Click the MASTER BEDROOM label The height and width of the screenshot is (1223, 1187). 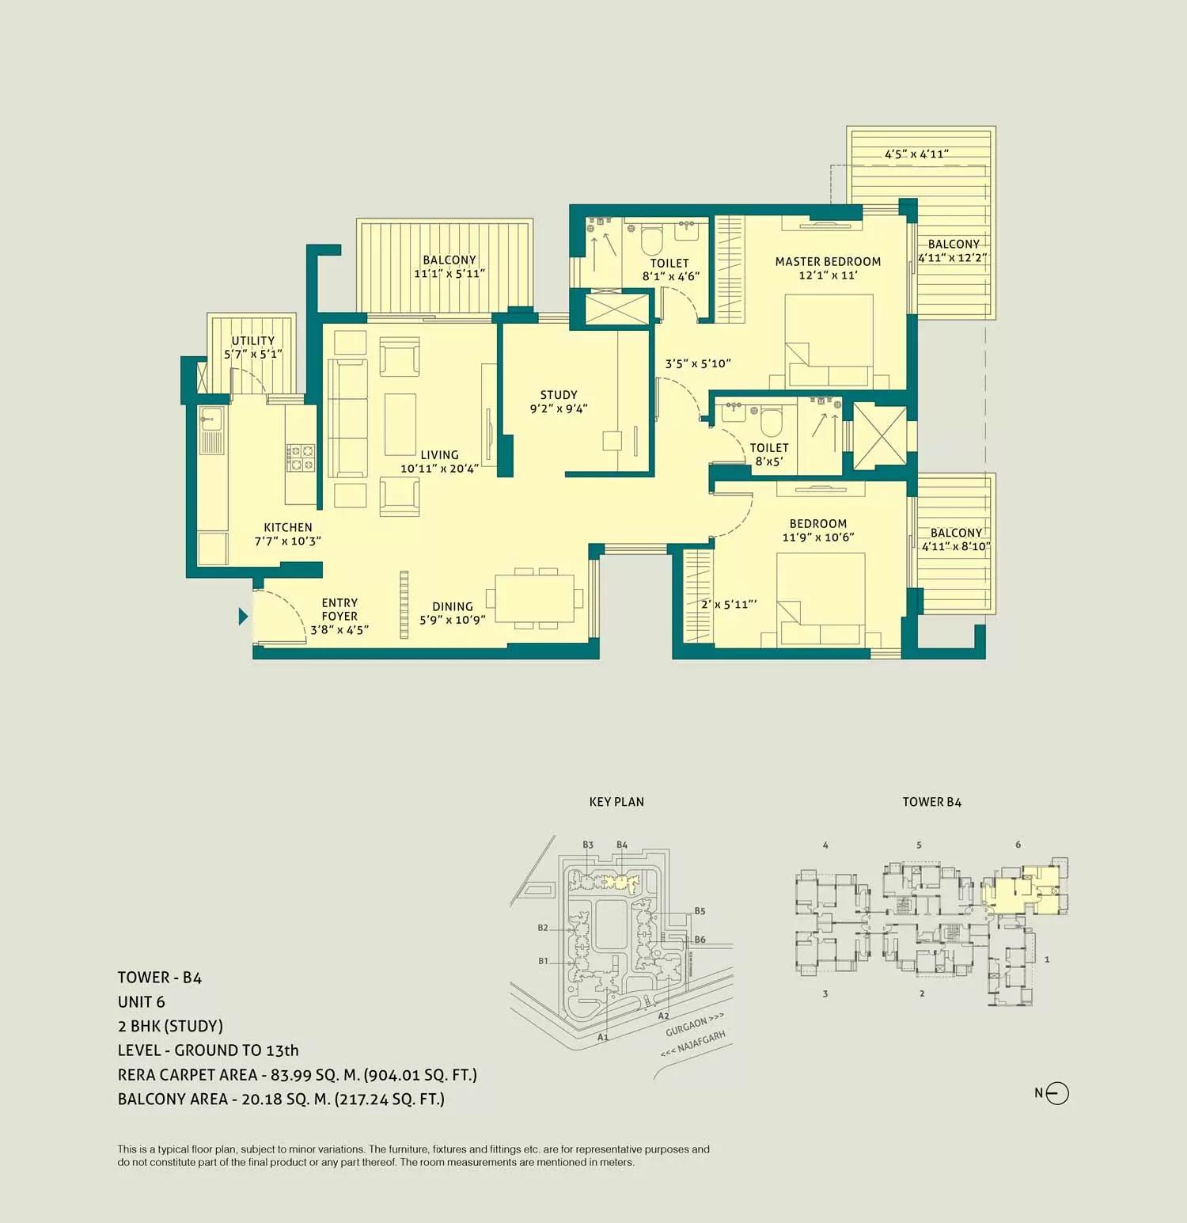coord(828,262)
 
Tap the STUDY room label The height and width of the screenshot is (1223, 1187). coord(559,395)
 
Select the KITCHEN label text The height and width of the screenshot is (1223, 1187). coord(288,528)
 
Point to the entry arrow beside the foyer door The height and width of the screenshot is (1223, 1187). coord(244,616)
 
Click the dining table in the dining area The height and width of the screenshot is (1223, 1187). coord(535,598)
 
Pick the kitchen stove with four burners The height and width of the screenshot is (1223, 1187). coord(301,457)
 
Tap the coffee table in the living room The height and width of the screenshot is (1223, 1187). coord(400,424)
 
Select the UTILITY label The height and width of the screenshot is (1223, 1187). coord(253,341)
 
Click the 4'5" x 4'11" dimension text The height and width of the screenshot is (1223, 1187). coord(916,154)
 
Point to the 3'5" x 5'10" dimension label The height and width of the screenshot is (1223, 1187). coord(698,364)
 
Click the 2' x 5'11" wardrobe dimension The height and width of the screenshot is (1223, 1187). coord(729,605)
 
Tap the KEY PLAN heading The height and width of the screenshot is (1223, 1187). coord(616,802)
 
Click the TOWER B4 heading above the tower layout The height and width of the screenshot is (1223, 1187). coord(931,802)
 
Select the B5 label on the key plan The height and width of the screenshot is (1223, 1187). coord(700,911)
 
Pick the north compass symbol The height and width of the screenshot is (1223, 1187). coord(1056,1093)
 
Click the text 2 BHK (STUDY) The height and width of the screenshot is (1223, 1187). coord(170,1027)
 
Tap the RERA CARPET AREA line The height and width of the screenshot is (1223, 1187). coord(297,1075)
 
